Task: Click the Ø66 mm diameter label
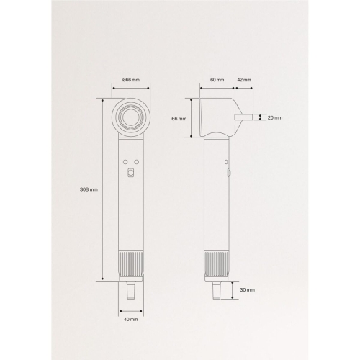click(131, 80)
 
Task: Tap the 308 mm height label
click(89, 189)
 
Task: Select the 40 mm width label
click(131, 319)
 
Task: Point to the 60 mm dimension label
click(217, 80)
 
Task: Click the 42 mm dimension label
click(244, 80)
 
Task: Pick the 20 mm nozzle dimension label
click(275, 117)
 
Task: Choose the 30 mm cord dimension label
click(248, 290)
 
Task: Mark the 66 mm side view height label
click(179, 119)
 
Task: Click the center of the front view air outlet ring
click(131, 117)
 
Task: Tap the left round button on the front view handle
click(125, 162)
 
